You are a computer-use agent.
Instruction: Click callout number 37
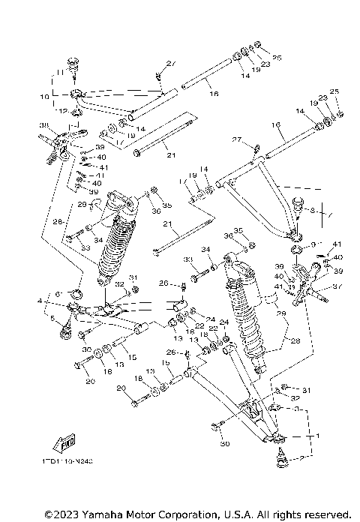click(336, 284)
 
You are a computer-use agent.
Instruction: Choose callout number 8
click(313, 211)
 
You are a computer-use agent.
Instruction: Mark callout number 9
click(314, 244)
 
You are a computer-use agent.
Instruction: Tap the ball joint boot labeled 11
click(75, 64)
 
